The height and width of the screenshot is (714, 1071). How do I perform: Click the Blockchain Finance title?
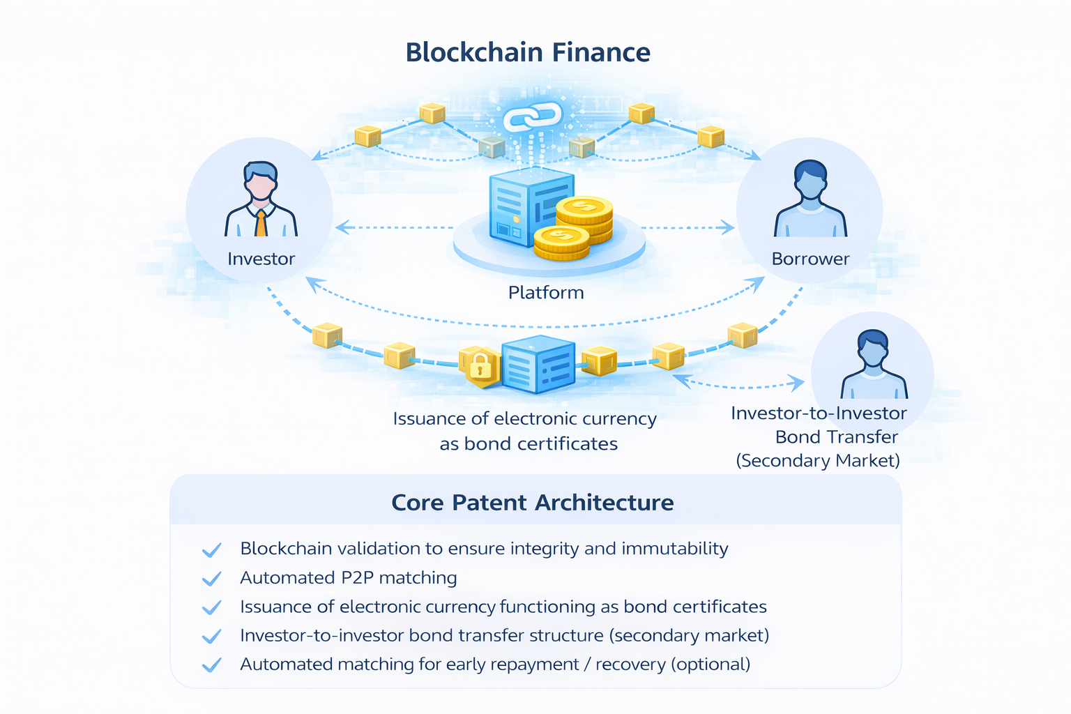(528, 53)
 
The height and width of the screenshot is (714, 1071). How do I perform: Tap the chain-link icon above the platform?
(533, 117)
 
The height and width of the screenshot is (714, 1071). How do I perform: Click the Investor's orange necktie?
(261, 223)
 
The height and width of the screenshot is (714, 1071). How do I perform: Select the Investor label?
(261, 259)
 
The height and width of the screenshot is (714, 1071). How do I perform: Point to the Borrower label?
(810, 259)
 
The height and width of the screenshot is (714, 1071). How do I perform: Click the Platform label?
(546, 292)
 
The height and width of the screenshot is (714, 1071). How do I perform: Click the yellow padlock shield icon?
(480, 366)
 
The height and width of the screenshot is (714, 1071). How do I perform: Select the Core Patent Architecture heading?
(533, 503)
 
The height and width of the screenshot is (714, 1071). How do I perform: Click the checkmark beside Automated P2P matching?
(211, 579)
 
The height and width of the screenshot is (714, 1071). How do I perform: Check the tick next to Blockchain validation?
(211, 550)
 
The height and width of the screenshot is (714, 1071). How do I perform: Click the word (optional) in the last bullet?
(711, 664)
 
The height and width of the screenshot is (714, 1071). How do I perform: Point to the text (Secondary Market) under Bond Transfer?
(818, 461)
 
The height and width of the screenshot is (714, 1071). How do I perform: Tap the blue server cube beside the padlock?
(538, 364)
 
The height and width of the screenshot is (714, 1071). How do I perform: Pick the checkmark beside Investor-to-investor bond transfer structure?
(211, 636)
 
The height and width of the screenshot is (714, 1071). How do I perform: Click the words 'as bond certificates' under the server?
(529, 444)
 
